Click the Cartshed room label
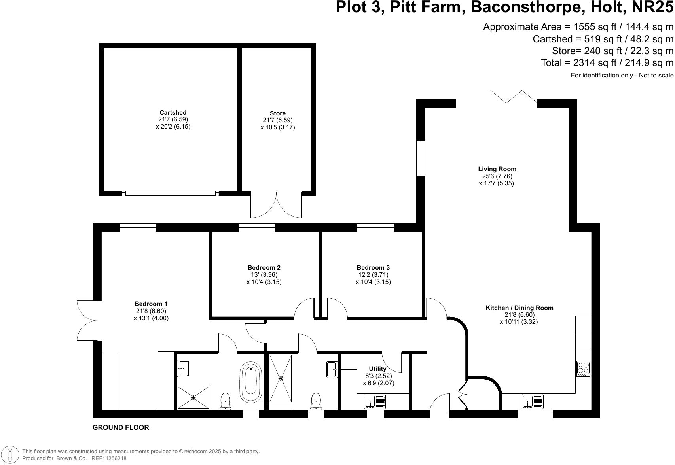coord(173,113)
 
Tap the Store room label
coord(277,113)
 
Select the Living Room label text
coord(497,169)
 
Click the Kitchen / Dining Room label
coord(519,308)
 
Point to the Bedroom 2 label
coord(264,268)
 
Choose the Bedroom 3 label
coord(373,268)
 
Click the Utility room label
coord(377,369)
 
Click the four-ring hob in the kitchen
coord(583,369)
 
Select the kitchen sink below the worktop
coord(533,402)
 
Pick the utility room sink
coord(374,402)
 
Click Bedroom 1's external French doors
coord(86,320)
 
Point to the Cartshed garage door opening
coord(171,193)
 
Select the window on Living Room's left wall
coord(420,158)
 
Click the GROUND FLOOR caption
coord(121,427)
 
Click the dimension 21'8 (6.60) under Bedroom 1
coord(151,311)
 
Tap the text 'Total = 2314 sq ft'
coord(575,62)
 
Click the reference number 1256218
coord(114,459)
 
